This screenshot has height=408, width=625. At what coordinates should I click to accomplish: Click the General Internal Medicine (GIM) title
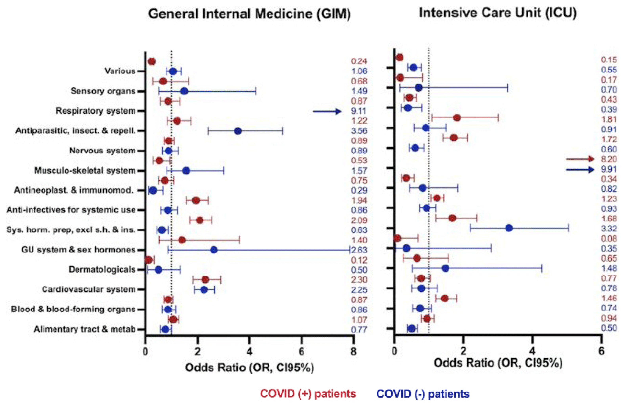point(249,14)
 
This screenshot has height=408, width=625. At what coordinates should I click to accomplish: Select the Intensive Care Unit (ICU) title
point(498,13)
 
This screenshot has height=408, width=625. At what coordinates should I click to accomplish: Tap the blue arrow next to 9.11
point(327,111)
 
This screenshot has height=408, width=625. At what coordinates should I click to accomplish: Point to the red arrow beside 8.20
point(580,159)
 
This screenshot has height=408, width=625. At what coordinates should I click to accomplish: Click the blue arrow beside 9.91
point(580,169)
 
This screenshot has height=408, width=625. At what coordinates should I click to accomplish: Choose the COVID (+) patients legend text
point(308,394)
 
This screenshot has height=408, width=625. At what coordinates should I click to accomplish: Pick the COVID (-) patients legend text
point(423,394)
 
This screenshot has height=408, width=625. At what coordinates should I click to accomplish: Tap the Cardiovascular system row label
point(89,289)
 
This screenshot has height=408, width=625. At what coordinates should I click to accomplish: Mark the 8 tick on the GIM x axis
point(354,352)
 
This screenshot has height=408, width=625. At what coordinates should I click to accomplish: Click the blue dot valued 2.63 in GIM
point(214,250)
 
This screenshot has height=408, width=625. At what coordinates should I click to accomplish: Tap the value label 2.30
point(359,280)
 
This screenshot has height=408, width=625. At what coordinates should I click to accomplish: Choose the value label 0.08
point(609,238)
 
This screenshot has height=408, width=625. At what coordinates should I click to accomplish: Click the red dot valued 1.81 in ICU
point(457,118)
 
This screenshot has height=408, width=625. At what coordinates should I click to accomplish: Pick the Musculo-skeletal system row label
point(85,170)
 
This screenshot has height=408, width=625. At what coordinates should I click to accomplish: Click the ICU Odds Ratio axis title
point(498,363)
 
